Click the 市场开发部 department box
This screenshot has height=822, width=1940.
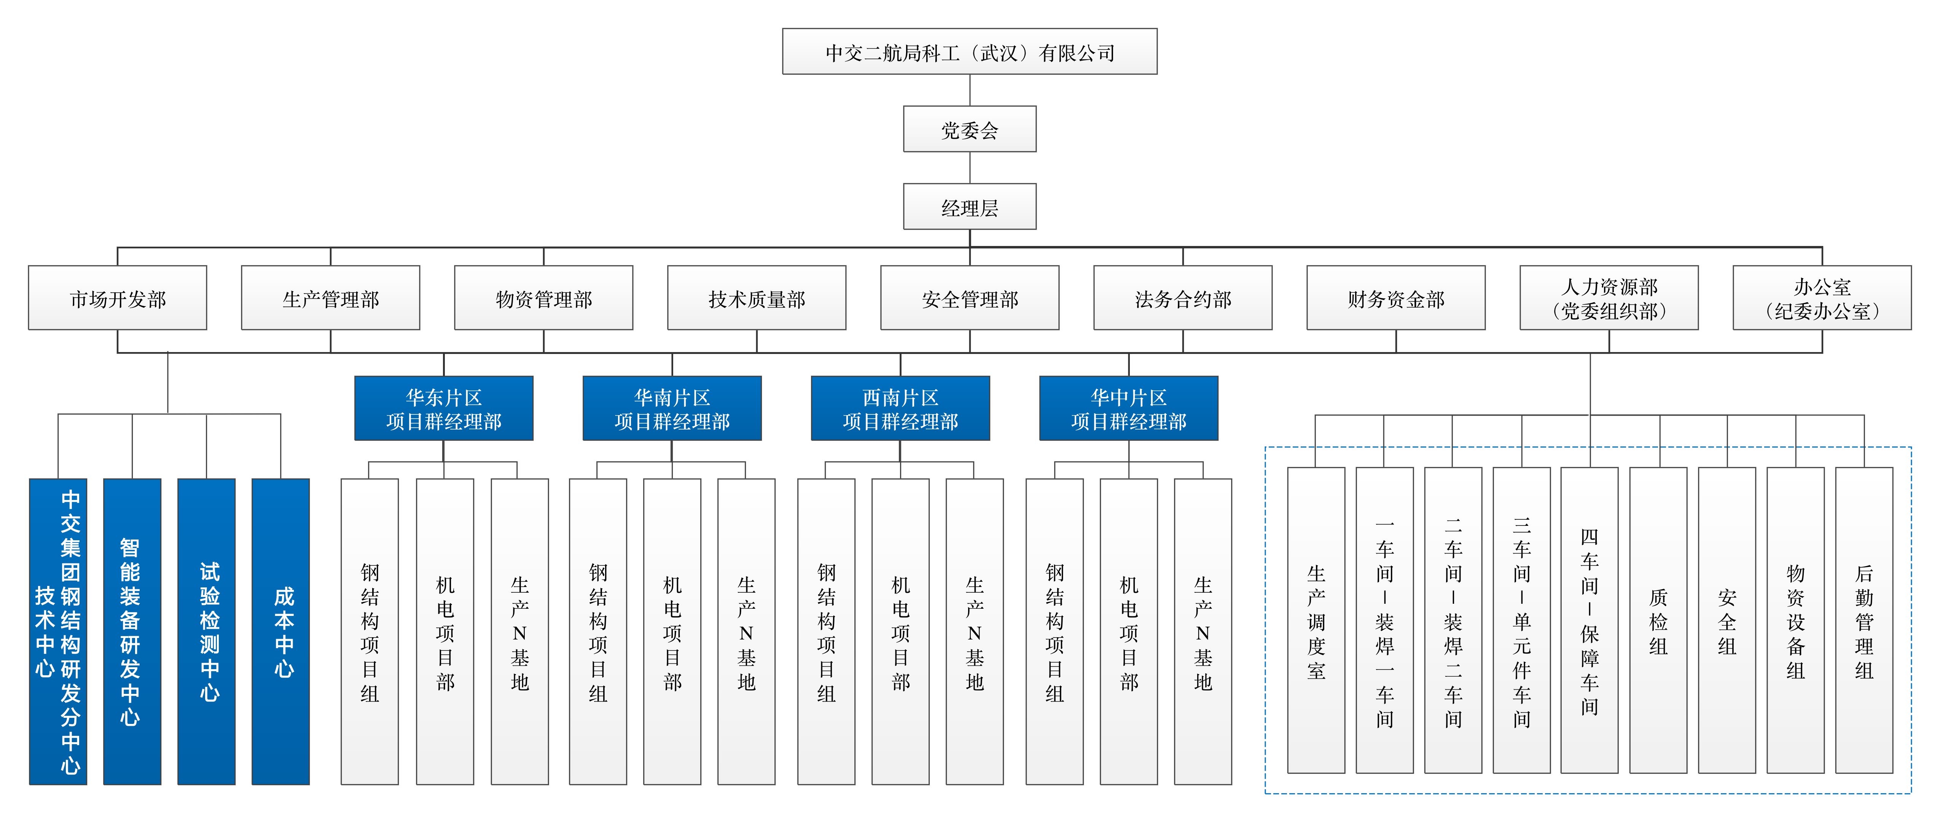pos(118,298)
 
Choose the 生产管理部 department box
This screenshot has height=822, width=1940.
pos(331,298)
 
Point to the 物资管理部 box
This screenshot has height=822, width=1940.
pos(544,298)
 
